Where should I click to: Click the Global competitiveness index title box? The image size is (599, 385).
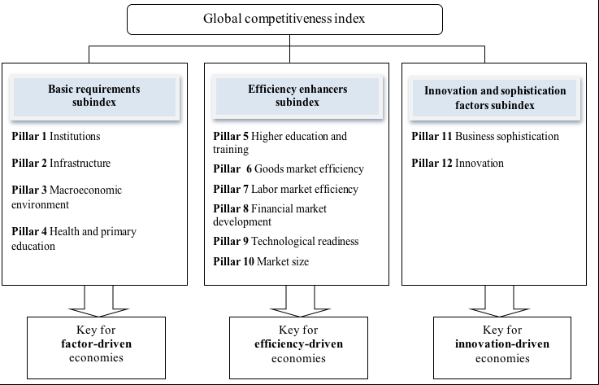click(x=284, y=20)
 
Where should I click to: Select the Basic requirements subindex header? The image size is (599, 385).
click(x=94, y=97)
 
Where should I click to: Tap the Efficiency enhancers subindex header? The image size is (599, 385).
click(x=297, y=96)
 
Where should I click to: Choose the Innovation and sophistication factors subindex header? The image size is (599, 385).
click(x=495, y=98)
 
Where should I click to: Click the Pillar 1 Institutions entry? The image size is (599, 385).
click(x=56, y=136)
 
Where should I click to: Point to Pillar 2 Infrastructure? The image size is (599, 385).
click(x=61, y=163)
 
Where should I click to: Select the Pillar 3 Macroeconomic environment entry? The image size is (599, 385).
click(x=67, y=197)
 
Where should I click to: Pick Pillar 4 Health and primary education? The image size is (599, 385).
click(x=74, y=238)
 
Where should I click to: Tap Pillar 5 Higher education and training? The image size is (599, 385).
click(x=280, y=142)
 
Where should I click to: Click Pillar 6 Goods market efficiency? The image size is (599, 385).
click(x=289, y=168)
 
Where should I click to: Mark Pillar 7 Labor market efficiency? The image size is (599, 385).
click(x=286, y=189)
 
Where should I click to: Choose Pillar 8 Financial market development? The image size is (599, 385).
click(x=270, y=215)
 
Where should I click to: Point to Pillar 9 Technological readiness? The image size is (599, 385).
click(x=286, y=241)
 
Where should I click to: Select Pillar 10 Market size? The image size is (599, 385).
click(x=261, y=261)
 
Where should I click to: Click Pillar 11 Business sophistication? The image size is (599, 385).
click(x=485, y=136)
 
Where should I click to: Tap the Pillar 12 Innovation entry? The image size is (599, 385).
click(x=458, y=163)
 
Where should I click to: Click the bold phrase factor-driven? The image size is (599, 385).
click(x=96, y=343)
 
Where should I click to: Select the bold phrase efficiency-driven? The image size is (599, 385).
click(x=299, y=343)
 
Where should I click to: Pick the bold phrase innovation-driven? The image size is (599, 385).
click(x=502, y=343)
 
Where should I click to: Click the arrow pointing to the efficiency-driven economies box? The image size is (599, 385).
click(x=300, y=301)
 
